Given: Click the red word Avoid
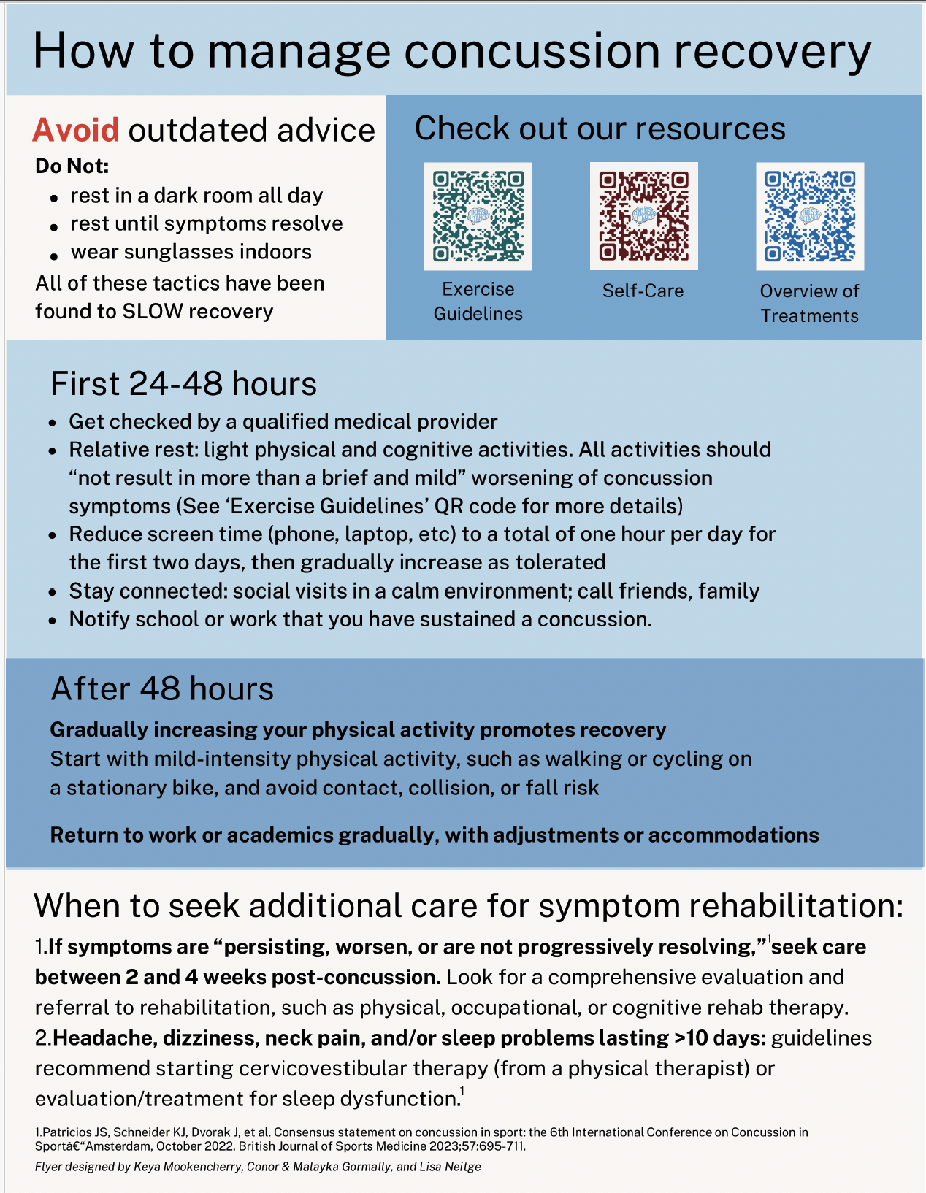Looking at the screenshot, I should click(76, 130).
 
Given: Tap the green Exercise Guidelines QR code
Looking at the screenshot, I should click(478, 216).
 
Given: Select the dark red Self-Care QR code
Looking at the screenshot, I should click(643, 216).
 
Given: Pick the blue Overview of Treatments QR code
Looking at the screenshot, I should click(809, 216).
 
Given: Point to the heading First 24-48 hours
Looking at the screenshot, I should click(183, 384).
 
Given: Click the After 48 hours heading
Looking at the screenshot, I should click(162, 688).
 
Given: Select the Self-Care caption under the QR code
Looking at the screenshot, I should click(643, 291).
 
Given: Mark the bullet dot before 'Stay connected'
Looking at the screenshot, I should click(52, 592).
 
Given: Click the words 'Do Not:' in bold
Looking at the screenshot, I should click(72, 166).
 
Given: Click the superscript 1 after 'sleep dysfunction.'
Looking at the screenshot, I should click(462, 1092).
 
